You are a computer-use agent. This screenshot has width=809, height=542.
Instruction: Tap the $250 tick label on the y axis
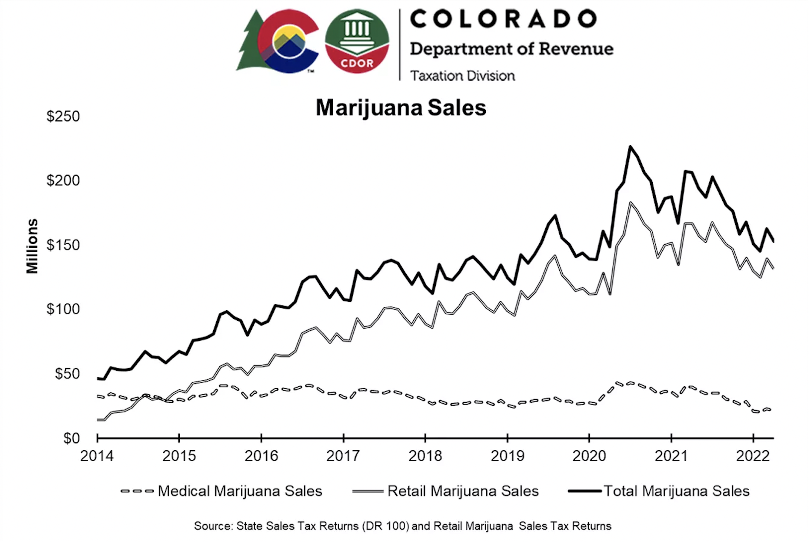(x=63, y=117)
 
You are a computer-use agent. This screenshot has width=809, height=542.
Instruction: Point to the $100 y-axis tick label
(x=63, y=309)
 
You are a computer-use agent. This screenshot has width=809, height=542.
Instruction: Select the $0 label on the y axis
(x=71, y=438)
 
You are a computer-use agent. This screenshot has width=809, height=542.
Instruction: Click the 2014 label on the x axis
(x=97, y=456)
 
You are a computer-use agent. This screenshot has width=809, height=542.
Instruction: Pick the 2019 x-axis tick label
(x=508, y=456)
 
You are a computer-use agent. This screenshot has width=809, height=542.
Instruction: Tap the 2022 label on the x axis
(x=753, y=456)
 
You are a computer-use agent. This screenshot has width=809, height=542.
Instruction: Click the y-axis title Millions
(x=32, y=246)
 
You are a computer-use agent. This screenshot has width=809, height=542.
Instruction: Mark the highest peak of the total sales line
(x=630, y=147)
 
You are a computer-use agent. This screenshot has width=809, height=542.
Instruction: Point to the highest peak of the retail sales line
(x=630, y=203)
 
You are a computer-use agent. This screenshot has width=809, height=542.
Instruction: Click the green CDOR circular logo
(x=357, y=41)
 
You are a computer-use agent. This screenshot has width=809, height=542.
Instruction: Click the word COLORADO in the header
(x=503, y=19)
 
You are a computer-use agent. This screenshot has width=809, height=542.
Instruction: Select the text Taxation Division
(x=462, y=76)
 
